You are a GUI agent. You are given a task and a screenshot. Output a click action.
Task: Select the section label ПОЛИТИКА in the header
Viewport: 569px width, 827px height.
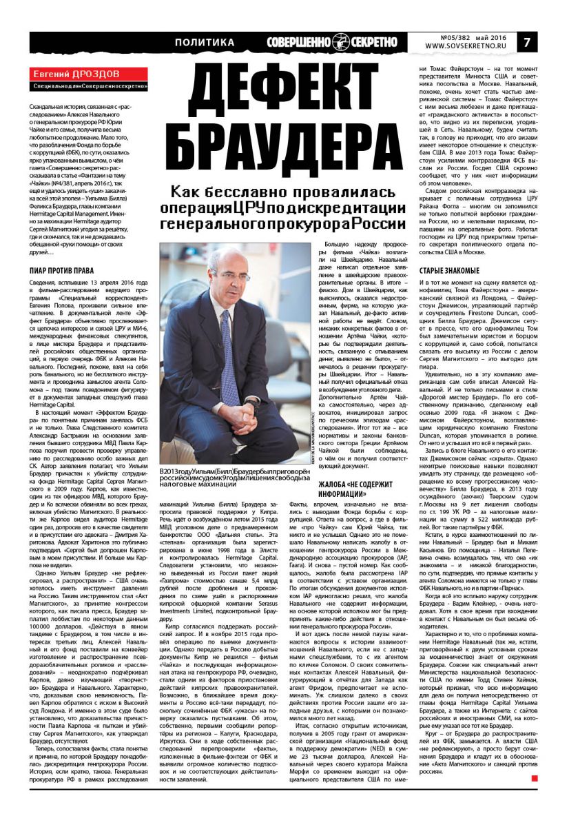205,43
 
